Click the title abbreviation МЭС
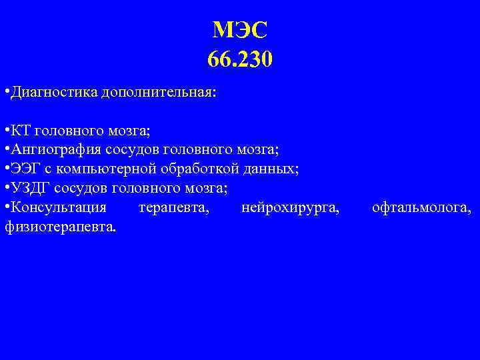240,30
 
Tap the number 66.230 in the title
240,60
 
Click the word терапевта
174,209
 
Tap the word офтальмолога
422,209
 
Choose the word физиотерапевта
59,228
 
